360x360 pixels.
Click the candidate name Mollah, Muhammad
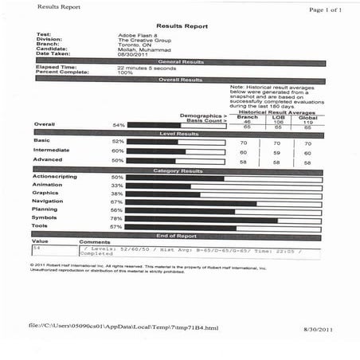coord(140,49)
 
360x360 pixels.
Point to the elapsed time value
coord(146,68)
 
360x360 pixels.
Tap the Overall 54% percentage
coord(119,125)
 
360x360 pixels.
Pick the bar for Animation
coord(159,186)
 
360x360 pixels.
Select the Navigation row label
coord(48,202)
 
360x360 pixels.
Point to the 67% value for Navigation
coord(116,202)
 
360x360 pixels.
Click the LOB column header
coord(278,116)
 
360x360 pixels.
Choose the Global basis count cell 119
coord(307,121)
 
